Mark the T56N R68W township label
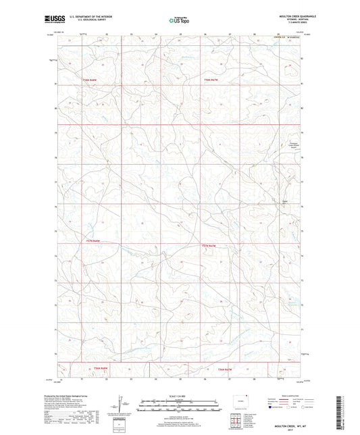tap(100, 367)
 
